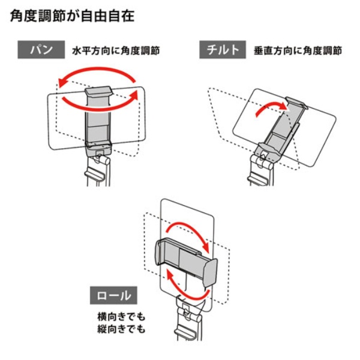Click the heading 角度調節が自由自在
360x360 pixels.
pos(72,16)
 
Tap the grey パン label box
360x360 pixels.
pos(41,50)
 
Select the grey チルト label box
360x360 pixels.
pos(223,50)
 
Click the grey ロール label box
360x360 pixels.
pos(113,295)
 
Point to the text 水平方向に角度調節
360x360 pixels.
pos(116,51)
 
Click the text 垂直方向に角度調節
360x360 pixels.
pos(298,51)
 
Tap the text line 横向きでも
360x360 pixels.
pos(121,317)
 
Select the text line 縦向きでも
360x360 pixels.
pos(121,329)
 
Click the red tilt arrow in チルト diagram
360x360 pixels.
pos(271,108)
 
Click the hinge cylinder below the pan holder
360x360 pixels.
pos(102,160)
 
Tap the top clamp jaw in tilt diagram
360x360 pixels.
pos(296,103)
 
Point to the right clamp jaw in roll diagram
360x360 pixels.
pos(209,273)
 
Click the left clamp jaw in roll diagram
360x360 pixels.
pos(160,252)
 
